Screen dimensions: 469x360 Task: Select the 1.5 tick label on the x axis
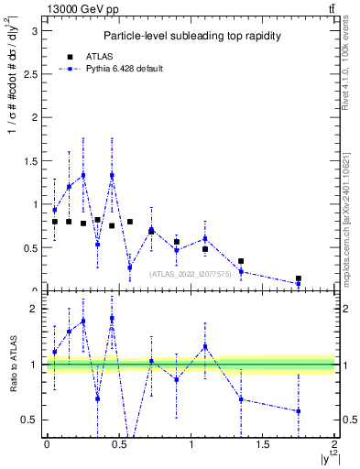263,444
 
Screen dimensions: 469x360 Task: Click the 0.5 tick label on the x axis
119,444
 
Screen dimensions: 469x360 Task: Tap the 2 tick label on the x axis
335,444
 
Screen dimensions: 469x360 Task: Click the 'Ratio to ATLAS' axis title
12,365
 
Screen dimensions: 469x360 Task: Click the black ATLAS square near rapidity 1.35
241,261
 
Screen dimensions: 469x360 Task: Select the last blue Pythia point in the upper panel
299,284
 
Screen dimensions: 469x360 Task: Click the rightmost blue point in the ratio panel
299,411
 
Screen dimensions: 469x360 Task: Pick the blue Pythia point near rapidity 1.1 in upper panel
205,239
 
